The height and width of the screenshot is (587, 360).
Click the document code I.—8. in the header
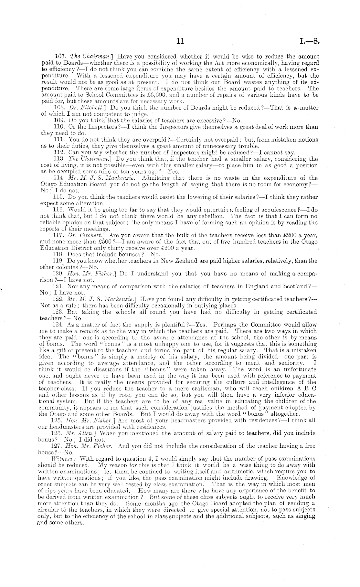click(309, 41)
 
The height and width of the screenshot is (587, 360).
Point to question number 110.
click(58, 127)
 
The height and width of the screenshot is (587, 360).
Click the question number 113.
click(58, 159)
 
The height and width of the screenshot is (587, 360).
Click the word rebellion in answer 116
click(211, 216)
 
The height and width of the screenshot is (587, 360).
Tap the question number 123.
click(58, 312)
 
